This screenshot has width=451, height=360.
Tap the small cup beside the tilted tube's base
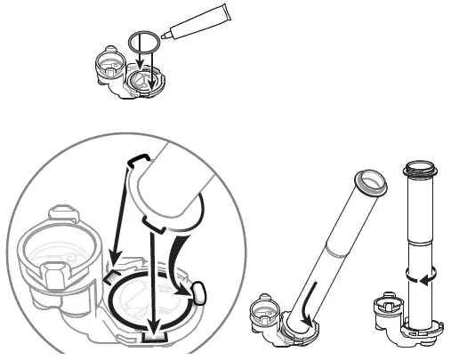pyautogui.click(x=265, y=312)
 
